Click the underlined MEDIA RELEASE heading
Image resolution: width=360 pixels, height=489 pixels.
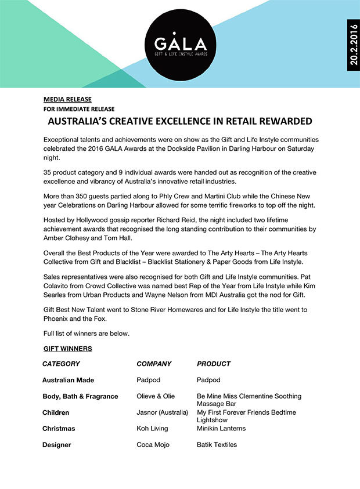pyautogui.click(x=67, y=99)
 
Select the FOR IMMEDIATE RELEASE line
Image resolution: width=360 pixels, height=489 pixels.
pyautogui.click(x=78, y=109)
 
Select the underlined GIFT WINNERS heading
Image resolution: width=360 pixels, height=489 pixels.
pyautogui.click(x=67, y=349)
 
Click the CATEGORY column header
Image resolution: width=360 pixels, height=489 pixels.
pyautogui.click(x=61, y=364)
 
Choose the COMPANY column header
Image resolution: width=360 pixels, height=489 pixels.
pyautogui.click(x=154, y=364)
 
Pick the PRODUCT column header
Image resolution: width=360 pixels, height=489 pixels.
pyautogui.click(x=214, y=364)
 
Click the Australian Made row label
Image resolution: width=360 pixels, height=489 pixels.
pyautogui.click(x=68, y=381)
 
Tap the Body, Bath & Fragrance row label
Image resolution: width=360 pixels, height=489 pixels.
pyautogui.click(x=80, y=397)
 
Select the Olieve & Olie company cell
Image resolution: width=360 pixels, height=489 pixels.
pyautogui.click(x=156, y=397)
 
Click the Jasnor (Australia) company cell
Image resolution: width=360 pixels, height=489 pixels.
pyautogui.click(x=163, y=413)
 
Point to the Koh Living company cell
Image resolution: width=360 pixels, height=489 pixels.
pyautogui.click(x=152, y=429)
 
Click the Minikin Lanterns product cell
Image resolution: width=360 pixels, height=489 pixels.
pyautogui.click(x=221, y=429)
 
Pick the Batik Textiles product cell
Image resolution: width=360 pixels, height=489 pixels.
pyautogui.click(x=217, y=445)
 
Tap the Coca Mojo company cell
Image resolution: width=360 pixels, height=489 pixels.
pyautogui.click(x=153, y=445)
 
